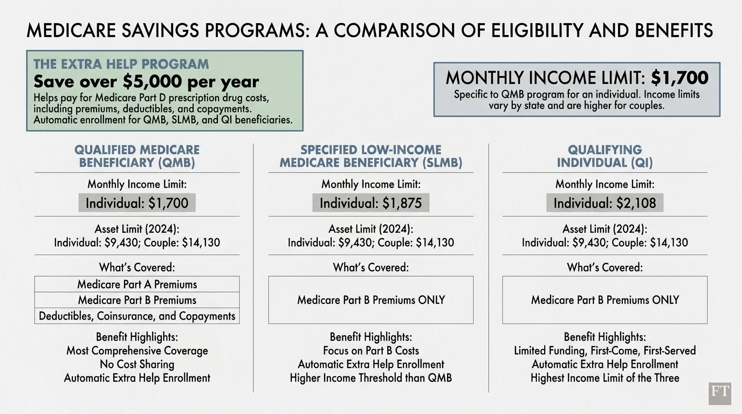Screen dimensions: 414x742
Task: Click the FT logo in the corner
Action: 720,394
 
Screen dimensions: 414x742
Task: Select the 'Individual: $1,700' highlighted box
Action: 137,203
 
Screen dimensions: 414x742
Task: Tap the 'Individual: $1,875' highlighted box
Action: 371,203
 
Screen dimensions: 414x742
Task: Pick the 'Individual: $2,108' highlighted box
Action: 604,203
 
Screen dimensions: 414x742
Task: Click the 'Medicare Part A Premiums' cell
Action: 137,284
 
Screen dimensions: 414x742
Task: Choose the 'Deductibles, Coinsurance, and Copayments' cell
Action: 137,316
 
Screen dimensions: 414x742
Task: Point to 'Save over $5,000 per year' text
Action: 146,81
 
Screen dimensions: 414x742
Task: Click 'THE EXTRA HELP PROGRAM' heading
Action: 121,64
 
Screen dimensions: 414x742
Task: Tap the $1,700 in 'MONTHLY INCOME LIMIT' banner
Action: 679,78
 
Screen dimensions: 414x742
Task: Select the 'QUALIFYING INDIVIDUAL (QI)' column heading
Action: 604,156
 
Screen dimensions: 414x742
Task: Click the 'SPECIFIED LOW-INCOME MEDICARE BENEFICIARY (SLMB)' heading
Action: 371,156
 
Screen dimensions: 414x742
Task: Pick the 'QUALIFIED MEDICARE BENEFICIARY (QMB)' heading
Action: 137,156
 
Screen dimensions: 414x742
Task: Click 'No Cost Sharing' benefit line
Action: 137,364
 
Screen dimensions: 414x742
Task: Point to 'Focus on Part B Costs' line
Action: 371,351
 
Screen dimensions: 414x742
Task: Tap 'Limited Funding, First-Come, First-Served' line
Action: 604,351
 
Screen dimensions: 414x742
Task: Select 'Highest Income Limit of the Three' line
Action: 604,378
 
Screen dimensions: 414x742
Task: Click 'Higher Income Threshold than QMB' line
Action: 371,378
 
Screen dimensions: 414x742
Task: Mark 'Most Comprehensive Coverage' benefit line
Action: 137,351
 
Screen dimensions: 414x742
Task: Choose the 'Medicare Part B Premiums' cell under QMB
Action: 137,300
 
